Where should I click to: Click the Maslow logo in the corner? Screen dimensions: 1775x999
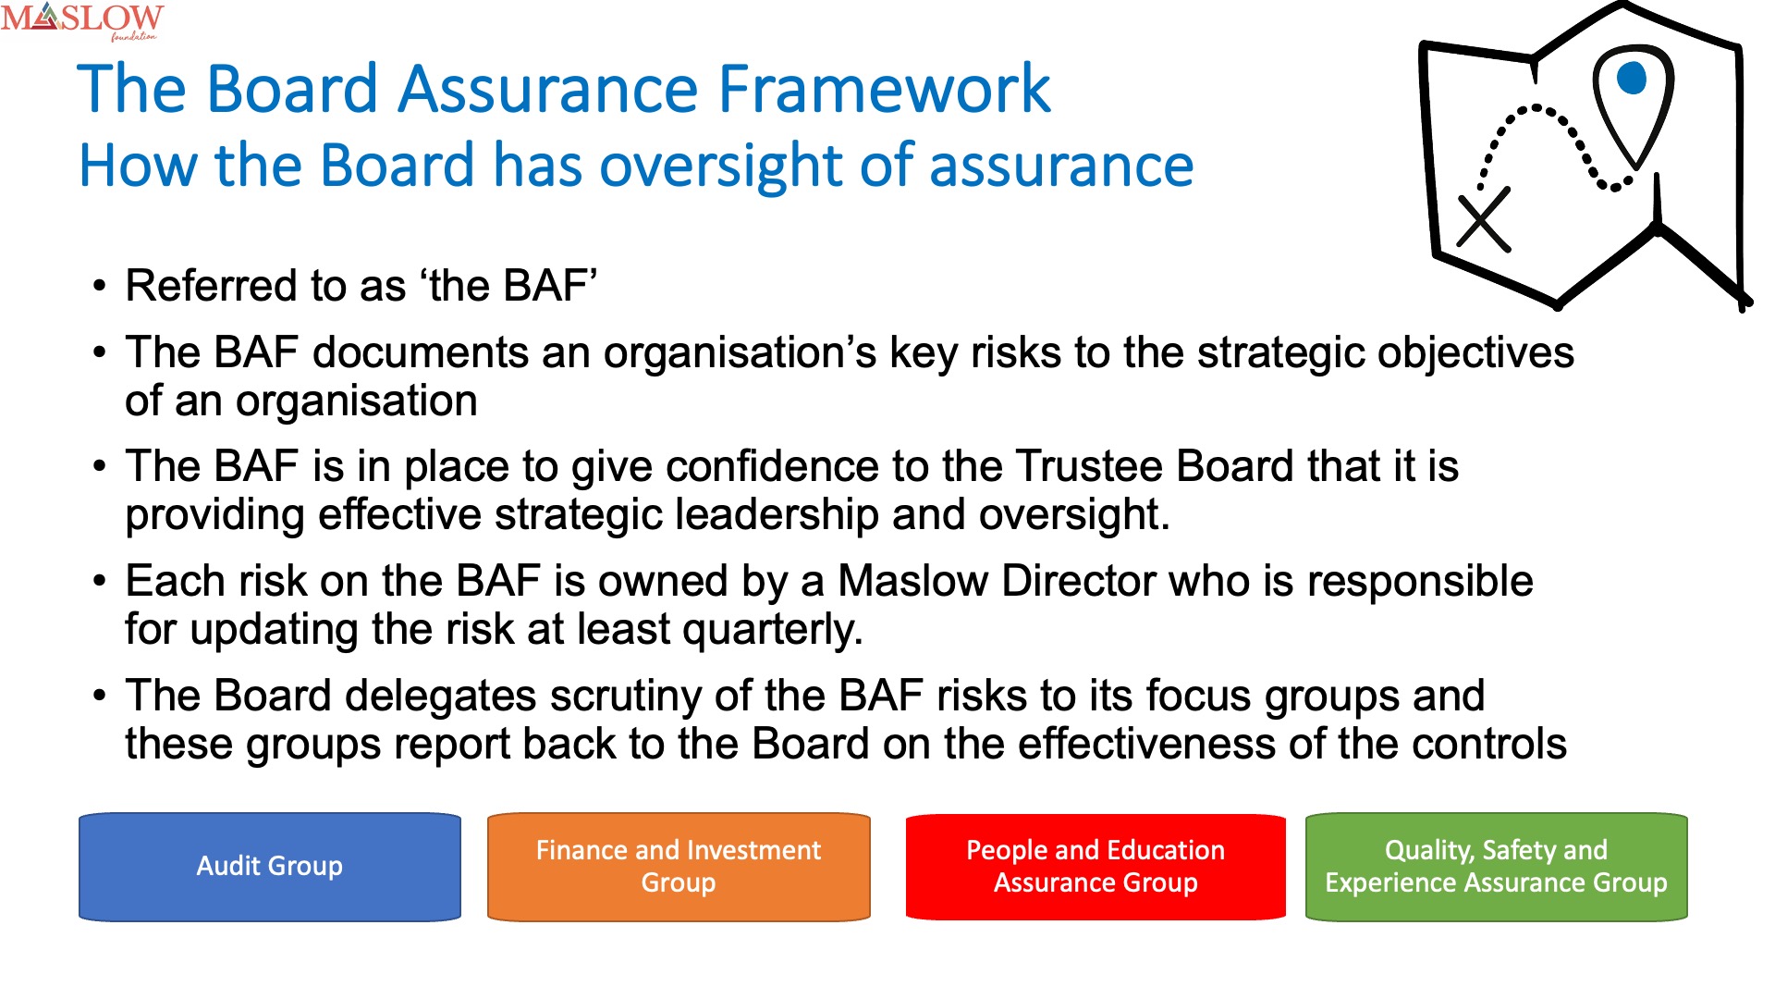[x=82, y=21]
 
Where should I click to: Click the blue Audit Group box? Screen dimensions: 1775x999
[x=270, y=867]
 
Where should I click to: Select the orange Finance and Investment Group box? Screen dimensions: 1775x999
[x=679, y=867]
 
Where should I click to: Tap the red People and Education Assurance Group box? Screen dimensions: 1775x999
[x=1096, y=867]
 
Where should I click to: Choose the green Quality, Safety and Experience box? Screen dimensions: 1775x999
[x=1497, y=867]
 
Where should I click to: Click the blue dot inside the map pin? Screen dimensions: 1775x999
[x=1632, y=79]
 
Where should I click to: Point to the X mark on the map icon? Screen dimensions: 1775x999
[x=1484, y=220]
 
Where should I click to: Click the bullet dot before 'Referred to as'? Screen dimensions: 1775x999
[x=100, y=287]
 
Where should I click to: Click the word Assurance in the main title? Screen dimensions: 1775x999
[x=549, y=90]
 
